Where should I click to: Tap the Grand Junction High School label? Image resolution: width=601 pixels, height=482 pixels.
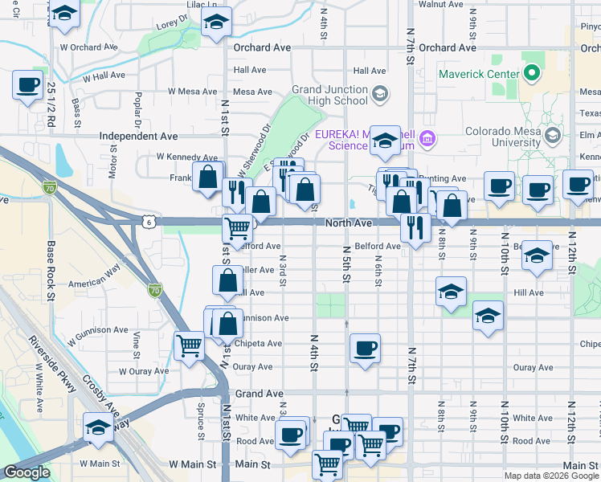pos(329,95)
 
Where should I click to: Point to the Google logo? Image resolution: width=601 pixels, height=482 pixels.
pos(27,472)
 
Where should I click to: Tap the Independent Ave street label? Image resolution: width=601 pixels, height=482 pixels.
pos(138,137)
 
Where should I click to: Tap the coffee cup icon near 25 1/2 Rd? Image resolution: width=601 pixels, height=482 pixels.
pos(28,84)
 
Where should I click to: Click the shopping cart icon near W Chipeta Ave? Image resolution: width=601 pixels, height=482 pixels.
pos(190,346)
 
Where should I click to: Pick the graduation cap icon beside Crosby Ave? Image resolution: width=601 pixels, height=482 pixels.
pos(98,427)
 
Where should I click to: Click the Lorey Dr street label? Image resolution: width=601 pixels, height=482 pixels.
pos(171,25)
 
